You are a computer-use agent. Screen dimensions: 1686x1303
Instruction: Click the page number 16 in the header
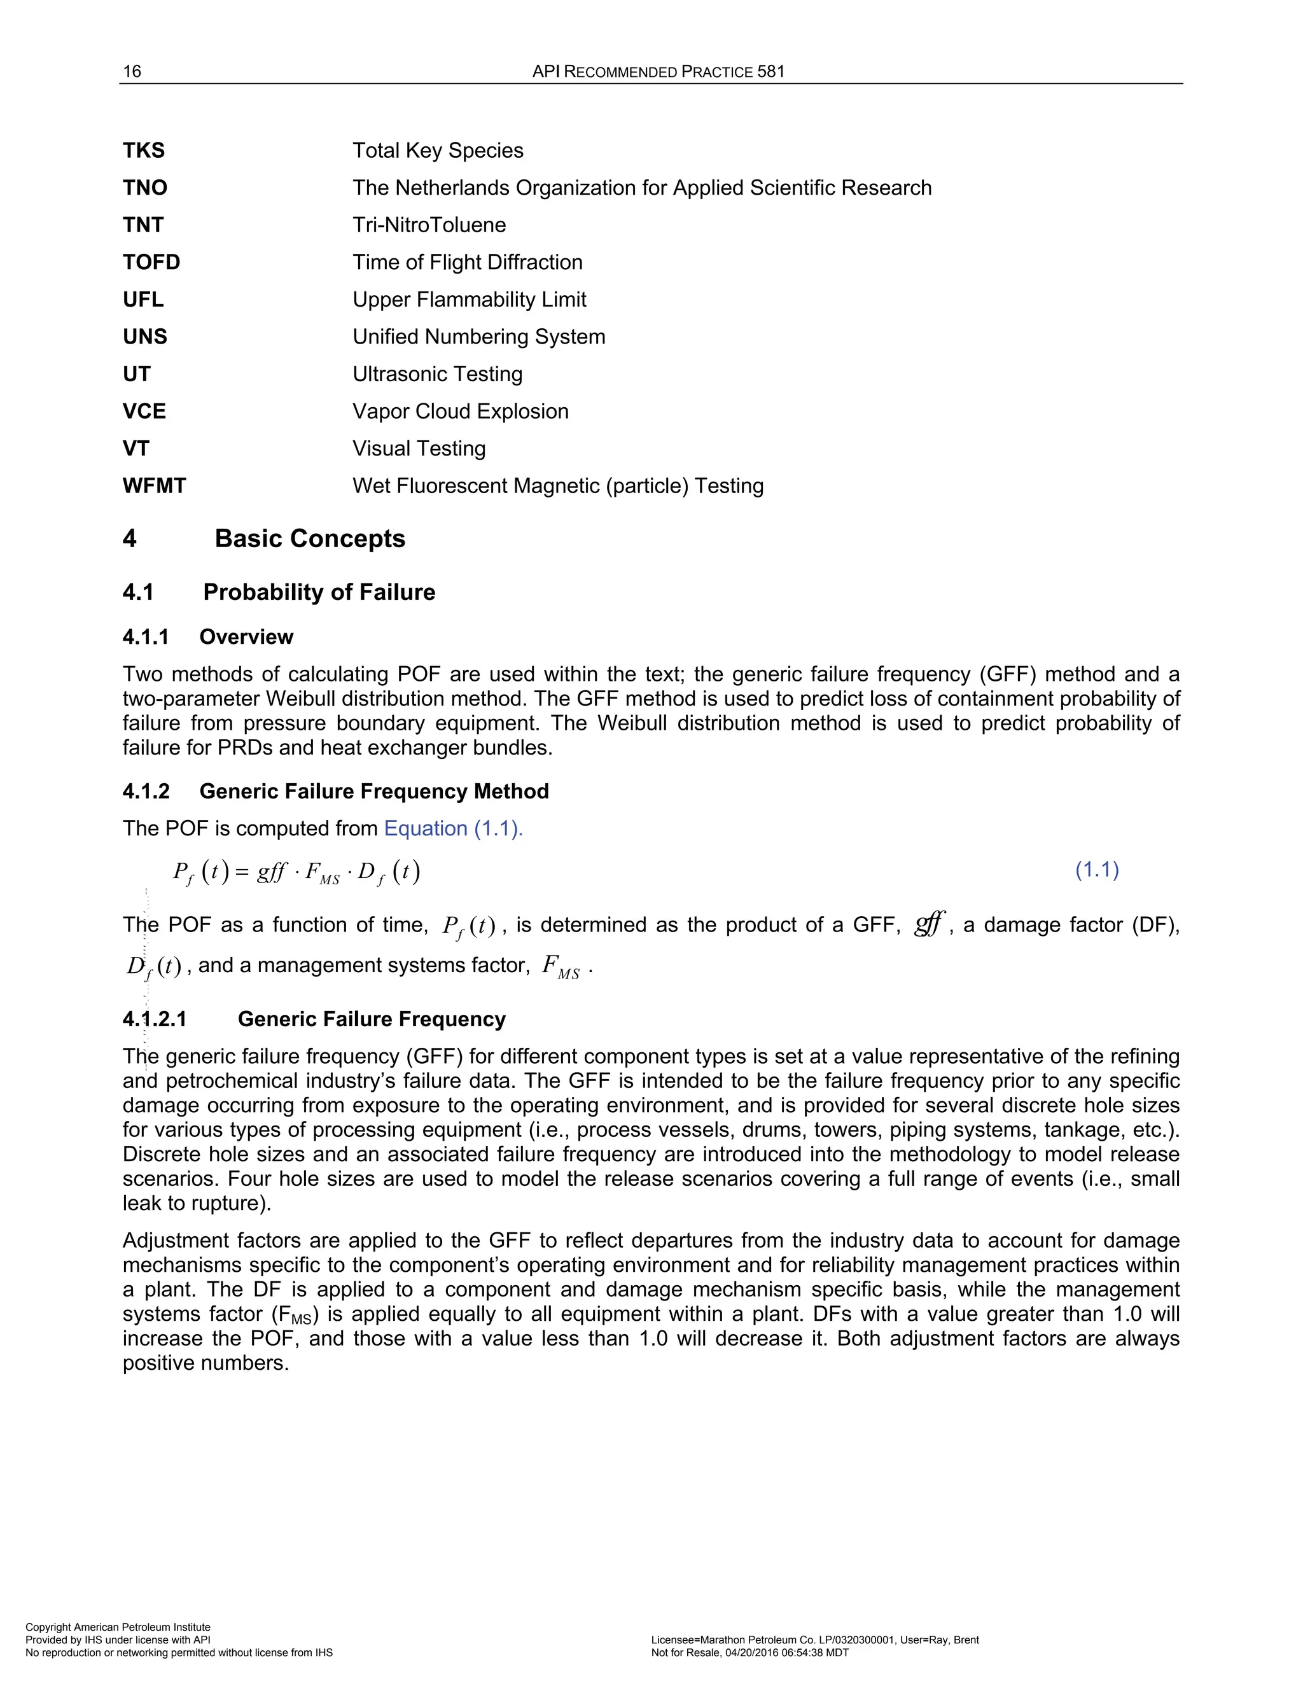point(132,72)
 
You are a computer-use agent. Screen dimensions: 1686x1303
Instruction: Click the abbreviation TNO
point(145,188)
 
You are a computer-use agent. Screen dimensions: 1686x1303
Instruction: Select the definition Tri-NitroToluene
point(429,225)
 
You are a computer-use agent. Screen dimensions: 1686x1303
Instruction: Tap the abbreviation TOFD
point(151,263)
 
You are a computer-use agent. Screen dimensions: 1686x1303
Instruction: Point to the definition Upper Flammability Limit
point(470,300)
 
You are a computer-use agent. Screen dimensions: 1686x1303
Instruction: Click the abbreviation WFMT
point(155,485)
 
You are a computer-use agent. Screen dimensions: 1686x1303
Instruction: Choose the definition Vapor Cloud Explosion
point(460,412)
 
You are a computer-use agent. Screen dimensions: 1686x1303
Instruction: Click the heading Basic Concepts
point(310,538)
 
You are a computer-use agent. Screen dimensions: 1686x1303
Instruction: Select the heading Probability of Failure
point(319,592)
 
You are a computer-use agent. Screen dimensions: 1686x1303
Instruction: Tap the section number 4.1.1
point(145,637)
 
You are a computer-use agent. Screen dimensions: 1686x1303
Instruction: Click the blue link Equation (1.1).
point(453,828)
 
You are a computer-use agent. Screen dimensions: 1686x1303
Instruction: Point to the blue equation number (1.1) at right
point(1097,870)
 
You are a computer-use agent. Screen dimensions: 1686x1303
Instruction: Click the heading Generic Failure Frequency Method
point(373,791)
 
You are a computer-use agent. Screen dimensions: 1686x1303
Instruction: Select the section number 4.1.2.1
point(155,1019)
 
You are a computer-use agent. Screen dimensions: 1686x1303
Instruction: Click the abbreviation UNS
point(145,337)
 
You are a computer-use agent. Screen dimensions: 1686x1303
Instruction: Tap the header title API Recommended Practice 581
point(658,72)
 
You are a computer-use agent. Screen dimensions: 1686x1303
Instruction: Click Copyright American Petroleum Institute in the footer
point(118,1627)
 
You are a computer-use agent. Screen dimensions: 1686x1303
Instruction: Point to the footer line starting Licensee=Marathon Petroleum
point(814,1640)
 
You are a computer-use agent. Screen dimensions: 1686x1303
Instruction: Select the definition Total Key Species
point(438,151)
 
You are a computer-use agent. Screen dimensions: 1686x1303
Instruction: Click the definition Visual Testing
point(419,449)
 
